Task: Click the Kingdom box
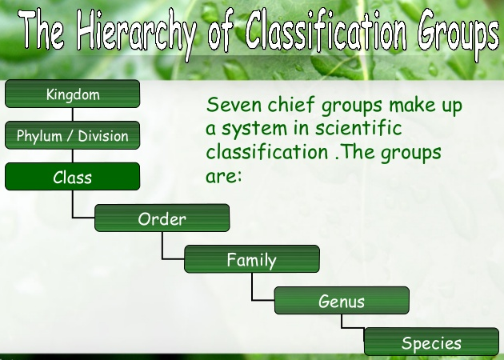72,94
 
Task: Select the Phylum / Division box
72,136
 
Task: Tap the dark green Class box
72,177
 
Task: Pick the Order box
162,218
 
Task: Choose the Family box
251,259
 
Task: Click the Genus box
342,301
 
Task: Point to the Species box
431,342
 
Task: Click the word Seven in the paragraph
233,105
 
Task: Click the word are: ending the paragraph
223,176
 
